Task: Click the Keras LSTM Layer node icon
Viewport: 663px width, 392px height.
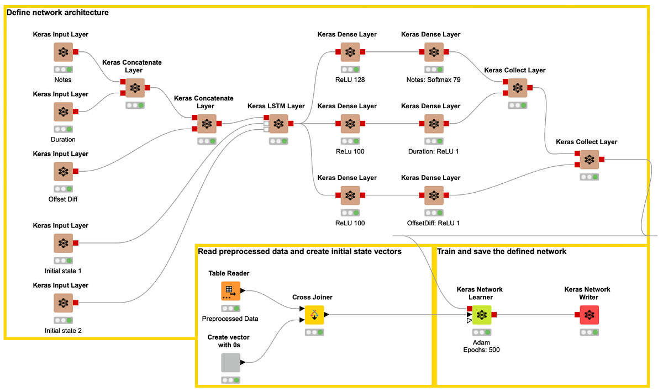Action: [x=278, y=124]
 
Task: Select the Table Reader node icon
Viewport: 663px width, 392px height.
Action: [x=230, y=291]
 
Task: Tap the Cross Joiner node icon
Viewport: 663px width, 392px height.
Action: [x=314, y=315]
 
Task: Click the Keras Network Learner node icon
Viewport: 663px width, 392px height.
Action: [x=482, y=315]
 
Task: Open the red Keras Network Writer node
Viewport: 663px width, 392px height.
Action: [x=589, y=315]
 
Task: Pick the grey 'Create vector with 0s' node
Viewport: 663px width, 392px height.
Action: [x=230, y=363]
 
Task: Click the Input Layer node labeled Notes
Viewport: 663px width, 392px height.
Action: [x=63, y=52]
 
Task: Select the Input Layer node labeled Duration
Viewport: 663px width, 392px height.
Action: [x=63, y=112]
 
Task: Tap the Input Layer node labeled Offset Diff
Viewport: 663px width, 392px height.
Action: [x=63, y=172]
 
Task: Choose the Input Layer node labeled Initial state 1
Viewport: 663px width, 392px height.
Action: [x=63, y=243]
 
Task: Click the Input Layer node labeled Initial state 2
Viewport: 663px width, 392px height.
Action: [x=63, y=303]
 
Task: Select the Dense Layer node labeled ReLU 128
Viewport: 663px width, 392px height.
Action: [x=350, y=52]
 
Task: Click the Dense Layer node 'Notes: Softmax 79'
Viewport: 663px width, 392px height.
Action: [x=434, y=52]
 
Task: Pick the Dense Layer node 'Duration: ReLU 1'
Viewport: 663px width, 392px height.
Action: [x=434, y=124]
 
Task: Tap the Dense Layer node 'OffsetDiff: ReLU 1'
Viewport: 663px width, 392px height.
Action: [x=434, y=196]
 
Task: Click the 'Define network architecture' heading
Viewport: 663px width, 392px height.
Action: [x=57, y=12]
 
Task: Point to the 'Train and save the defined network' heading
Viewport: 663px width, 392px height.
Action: [x=502, y=252]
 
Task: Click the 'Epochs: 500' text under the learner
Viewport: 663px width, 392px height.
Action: [x=481, y=350]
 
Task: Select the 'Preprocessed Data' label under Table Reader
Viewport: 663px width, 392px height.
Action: [x=230, y=319]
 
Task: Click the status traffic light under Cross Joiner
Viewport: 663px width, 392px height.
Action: [x=314, y=332]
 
